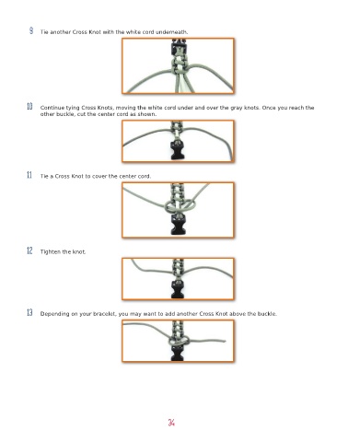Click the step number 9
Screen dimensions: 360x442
tap(31, 30)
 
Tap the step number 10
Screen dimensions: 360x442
tap(29, 107)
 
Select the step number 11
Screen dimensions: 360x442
tap(29, 175)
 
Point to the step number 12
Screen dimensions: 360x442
tap(29, 250)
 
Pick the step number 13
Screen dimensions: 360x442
tap(29, 312)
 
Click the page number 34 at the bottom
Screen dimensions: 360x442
tap(171, 423)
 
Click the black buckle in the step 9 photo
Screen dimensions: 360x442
tap(179, 47)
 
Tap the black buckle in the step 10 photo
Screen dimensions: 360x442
tap(178, 151)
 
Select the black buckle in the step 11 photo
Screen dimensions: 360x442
tap(178, 225)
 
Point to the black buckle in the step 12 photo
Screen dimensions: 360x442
tap(178, 289)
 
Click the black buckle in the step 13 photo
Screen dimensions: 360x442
tap(178, 353)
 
